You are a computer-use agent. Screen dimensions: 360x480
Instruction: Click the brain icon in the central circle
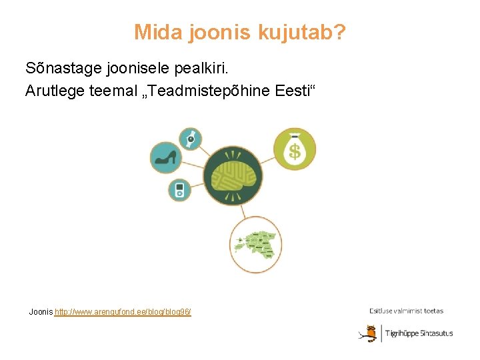click(233, 177)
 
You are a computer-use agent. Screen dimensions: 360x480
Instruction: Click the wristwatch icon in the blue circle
click(191, 139)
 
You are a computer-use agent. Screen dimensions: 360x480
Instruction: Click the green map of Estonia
click(258, 245)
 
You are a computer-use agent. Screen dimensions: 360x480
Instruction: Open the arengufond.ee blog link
click(123, 312)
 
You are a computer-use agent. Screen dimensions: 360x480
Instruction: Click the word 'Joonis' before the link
click(41, 312)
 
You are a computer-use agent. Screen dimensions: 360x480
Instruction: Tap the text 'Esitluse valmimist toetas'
click(406, 311)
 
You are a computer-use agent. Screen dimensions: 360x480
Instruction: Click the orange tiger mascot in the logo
click(367, 333)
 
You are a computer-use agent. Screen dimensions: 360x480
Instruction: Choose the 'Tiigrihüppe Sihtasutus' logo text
click(419, 333)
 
